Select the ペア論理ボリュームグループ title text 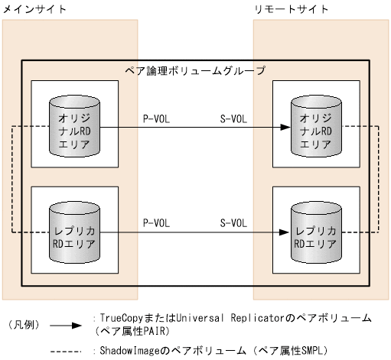point(195,70)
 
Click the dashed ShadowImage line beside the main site point(12,180)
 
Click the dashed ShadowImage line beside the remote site point(379,180)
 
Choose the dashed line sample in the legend point(66,351)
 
